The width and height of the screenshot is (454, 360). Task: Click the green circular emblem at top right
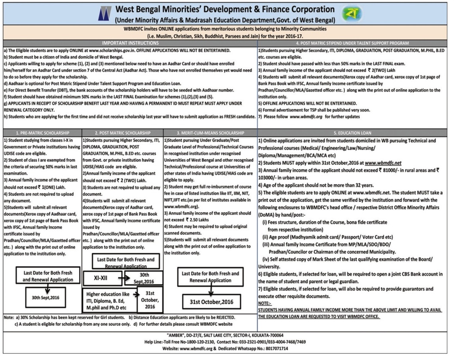(x=349, y=14)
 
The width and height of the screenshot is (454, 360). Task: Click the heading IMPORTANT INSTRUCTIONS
(x=130, y=43)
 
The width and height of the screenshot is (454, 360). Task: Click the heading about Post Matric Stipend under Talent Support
(x=353, y=43)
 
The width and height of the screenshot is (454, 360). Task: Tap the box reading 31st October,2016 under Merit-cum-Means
(x=210, y=301)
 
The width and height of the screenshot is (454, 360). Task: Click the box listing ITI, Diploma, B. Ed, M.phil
(x=109, y=301)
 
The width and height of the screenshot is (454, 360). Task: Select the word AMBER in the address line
(x=178, y=335)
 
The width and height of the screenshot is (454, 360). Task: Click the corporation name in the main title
(x=224, y=9)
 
